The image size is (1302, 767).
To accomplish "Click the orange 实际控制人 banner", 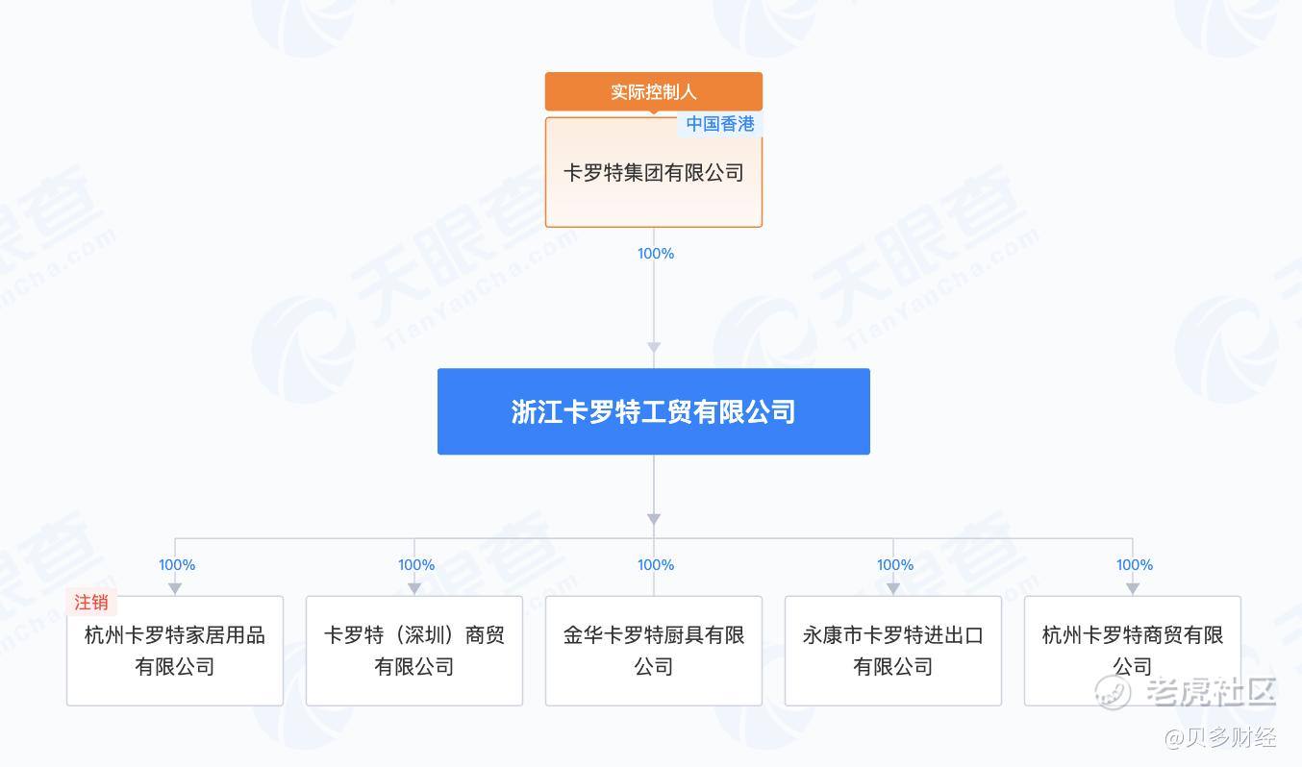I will pyautogui.click(x=653, y=91).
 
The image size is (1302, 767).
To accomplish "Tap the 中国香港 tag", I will pyautogui.click(x=719, y=124).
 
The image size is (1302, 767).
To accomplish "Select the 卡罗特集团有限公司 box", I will pyautogui.click(x=653, y=174).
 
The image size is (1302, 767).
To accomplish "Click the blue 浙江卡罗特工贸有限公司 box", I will pyautogui.click(x=653, y=411).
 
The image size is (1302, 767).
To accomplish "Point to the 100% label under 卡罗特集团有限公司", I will pyautogui.click(x=656, y=254).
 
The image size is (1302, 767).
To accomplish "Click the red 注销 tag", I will pyautogui.click(x=91, y=603).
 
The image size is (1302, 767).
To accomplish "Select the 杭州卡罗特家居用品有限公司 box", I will pyautogui.click(x=175, y=651).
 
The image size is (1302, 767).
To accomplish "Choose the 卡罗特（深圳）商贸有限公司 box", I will pyautogui.click(x=414, y=651).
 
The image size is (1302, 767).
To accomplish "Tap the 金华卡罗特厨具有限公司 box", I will pyautogui.click(x=653, y=651).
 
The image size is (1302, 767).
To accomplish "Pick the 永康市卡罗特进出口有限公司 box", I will pyautogui.click(x=893, y=651).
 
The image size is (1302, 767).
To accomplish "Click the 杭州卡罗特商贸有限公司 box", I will pyautogui.click(x=1132, y=651).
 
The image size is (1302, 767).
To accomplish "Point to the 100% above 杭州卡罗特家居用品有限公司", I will pyautogui.click(x=177, y=565).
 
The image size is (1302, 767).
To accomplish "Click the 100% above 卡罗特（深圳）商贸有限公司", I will pyautogui.click(x=416, y=565).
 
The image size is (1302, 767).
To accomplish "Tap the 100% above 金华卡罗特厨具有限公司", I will pyautogui.click(x=656, y=565).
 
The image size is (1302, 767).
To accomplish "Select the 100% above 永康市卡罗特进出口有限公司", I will pyautogui.click(x=895, y=565).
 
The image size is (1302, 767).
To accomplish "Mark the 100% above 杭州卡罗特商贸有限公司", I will pyautogui.click(x=1135, y=565).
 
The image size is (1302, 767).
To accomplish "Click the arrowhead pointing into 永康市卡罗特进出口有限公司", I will pyautogui.click(x=893, y=587).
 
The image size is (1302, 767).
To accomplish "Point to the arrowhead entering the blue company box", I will pyautogui.click(x=654, y=348).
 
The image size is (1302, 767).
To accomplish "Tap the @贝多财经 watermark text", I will pyautogui.click(x=1220, y=738).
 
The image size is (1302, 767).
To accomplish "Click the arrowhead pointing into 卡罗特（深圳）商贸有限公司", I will pyautogui.click(x=414, y=587).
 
